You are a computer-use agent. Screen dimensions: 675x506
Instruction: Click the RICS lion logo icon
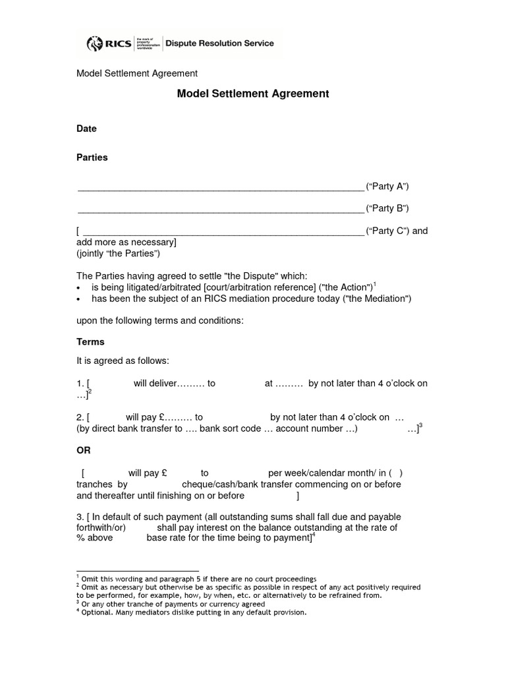[x=95, y=44]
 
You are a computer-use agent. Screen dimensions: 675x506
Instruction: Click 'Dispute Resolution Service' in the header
[x=219, y=44]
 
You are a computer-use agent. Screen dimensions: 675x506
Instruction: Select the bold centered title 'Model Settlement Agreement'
[x=253, y=94]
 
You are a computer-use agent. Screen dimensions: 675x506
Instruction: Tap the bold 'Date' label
[x=87, y=129]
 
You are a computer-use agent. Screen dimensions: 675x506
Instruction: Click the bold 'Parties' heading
[x=92, y=158]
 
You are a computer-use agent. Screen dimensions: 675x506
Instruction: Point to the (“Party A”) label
[x=387, y=187]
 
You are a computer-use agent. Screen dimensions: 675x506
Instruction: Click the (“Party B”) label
[x=387, y=208]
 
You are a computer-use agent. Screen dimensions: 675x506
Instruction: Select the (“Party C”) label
[x=387, y=231]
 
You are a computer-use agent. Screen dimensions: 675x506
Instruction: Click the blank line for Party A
[x=221, y=188]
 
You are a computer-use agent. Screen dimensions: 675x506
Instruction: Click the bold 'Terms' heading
[x=91, y=342]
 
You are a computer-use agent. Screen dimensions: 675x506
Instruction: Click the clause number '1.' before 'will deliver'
[x=80, y=384]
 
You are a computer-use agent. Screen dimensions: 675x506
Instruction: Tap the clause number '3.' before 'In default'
[x=80, y=517]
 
